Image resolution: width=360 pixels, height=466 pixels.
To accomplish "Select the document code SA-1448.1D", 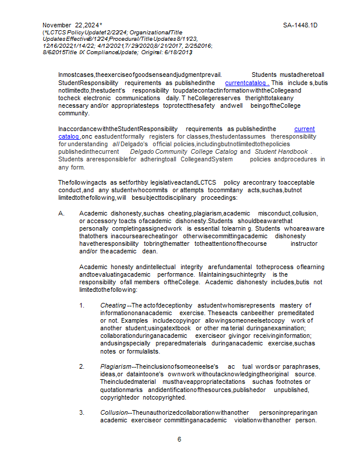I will [300, 25].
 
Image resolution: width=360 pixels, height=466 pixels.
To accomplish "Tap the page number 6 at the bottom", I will [179, 439].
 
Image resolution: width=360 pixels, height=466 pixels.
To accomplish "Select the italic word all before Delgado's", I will [116, 144].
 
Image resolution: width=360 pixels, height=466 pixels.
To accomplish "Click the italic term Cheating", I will [112, 305].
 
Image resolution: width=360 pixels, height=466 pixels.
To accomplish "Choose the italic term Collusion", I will [114, 412].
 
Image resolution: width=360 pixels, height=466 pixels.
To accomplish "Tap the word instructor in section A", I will [303, 243].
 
